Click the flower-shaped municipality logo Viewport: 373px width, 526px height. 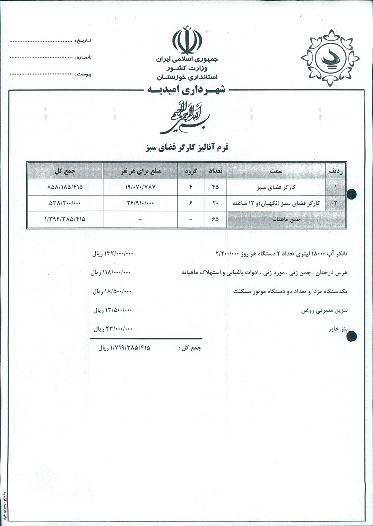coord(330,58)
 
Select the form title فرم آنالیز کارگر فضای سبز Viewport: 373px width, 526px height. coord(187,148)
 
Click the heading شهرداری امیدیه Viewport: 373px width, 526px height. coord(186,90)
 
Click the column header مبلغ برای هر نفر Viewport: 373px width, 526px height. coord(140,171)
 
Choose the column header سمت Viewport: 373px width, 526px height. coord(276,171)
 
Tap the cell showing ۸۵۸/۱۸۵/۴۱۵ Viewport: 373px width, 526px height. coord(65,187)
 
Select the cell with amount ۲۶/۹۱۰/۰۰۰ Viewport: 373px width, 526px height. coord(140,203)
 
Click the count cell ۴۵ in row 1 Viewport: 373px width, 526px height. coord(215,187)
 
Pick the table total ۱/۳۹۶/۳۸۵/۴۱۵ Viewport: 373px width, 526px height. coord(65,219)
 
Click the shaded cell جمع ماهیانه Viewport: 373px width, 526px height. coord(286,220)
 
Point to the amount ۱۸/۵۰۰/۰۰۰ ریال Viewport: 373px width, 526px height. coord(112,291)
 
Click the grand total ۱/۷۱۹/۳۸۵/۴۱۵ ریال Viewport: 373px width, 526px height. coord(124,348)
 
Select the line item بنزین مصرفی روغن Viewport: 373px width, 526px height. coord(324,310)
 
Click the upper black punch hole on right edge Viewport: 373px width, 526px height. coord(352,194)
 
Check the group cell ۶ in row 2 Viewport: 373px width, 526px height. coord(191,203)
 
